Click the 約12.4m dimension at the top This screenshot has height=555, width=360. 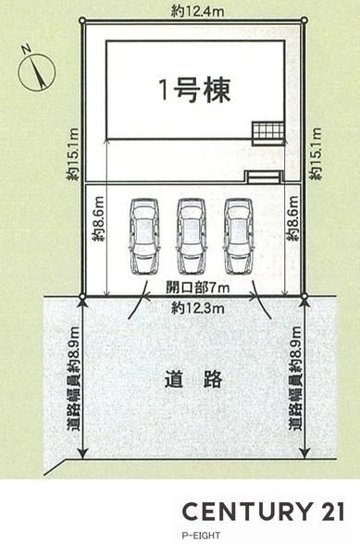pyautogui.click(x=197, y=12)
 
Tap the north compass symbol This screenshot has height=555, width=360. pyautogui.click(x=36, y=71)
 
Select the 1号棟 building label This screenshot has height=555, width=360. pyautogui.click(x=195, y=91)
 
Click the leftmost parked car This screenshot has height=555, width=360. pyautogui.click(x=144, y=237)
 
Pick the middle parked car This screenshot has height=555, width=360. pyautogui.click(x=192, y=237)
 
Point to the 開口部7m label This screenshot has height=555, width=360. pyautogui.click(x=197, y=288)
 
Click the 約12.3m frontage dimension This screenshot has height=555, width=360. pyautogui.click(x=197, y=309)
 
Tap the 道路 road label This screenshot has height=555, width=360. pyautogui.click(x=193, y=379)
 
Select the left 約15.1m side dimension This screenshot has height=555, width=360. pyautogui.click(x=74, y=154)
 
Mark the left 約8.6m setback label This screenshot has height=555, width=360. pyautogui.click(x=99, y=219)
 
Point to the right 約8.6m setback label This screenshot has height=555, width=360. pyautogui.click(x=293, y=219)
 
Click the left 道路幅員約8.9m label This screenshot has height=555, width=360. pyautogui.click(x=74, y=377)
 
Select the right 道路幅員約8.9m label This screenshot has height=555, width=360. pyautogui.click(x=295, y=377)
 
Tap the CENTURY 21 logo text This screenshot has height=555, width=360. pyautogui.click(x=263, y=512)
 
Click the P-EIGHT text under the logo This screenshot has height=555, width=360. pyautogui.click(x=201, y=536)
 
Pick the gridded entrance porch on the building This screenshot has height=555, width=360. pyautogui.click(x=268, y=133)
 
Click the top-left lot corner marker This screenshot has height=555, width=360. pyautogui.click(x=82, y=21)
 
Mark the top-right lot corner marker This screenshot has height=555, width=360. pyautogui.click(x=304, y=20)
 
